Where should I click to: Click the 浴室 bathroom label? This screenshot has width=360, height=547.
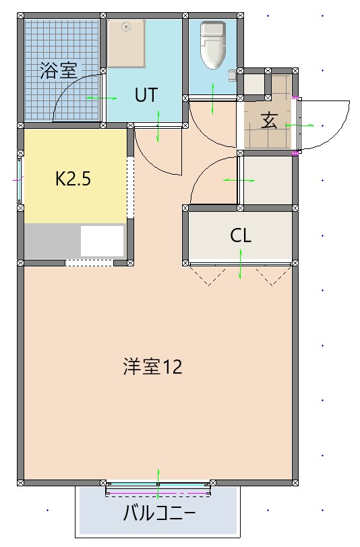(59, 70)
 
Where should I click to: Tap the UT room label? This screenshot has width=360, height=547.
(146, 95)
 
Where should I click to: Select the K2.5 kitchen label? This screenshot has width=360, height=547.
(73, 179)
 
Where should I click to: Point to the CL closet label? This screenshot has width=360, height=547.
(241, 235)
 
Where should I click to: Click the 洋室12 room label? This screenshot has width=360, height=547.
(152, 368)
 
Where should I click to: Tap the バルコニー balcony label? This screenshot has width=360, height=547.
(158, 514)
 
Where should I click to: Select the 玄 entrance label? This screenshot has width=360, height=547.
(269, 121)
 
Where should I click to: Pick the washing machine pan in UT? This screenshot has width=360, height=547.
(126, 43)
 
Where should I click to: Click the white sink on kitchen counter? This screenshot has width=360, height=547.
(102, 241)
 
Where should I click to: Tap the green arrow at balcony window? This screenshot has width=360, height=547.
(158, 477)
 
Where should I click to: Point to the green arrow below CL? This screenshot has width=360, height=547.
(241, 264)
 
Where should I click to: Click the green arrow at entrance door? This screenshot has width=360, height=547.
(299, 125)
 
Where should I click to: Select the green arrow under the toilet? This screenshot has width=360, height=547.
(213, 99)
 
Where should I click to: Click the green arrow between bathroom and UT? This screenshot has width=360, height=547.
(101, 99)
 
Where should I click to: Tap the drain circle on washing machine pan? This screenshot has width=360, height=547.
(125, 27)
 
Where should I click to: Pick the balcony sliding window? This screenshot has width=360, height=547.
(158, 488)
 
